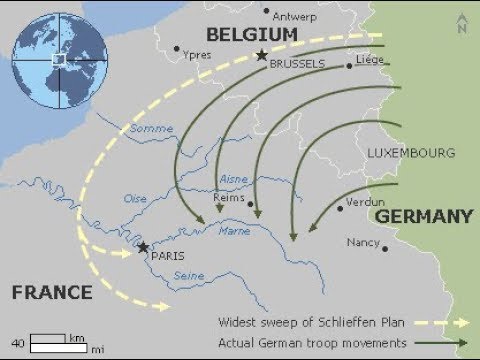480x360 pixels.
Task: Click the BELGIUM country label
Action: pos(253,35)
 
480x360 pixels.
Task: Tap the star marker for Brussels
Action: pos(262,56)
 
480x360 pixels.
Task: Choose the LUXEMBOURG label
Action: pos(411,153)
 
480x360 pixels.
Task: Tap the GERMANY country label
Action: pos(423,216)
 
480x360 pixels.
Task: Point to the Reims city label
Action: pos(230,198)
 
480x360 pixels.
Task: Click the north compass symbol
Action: pos(462,24)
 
